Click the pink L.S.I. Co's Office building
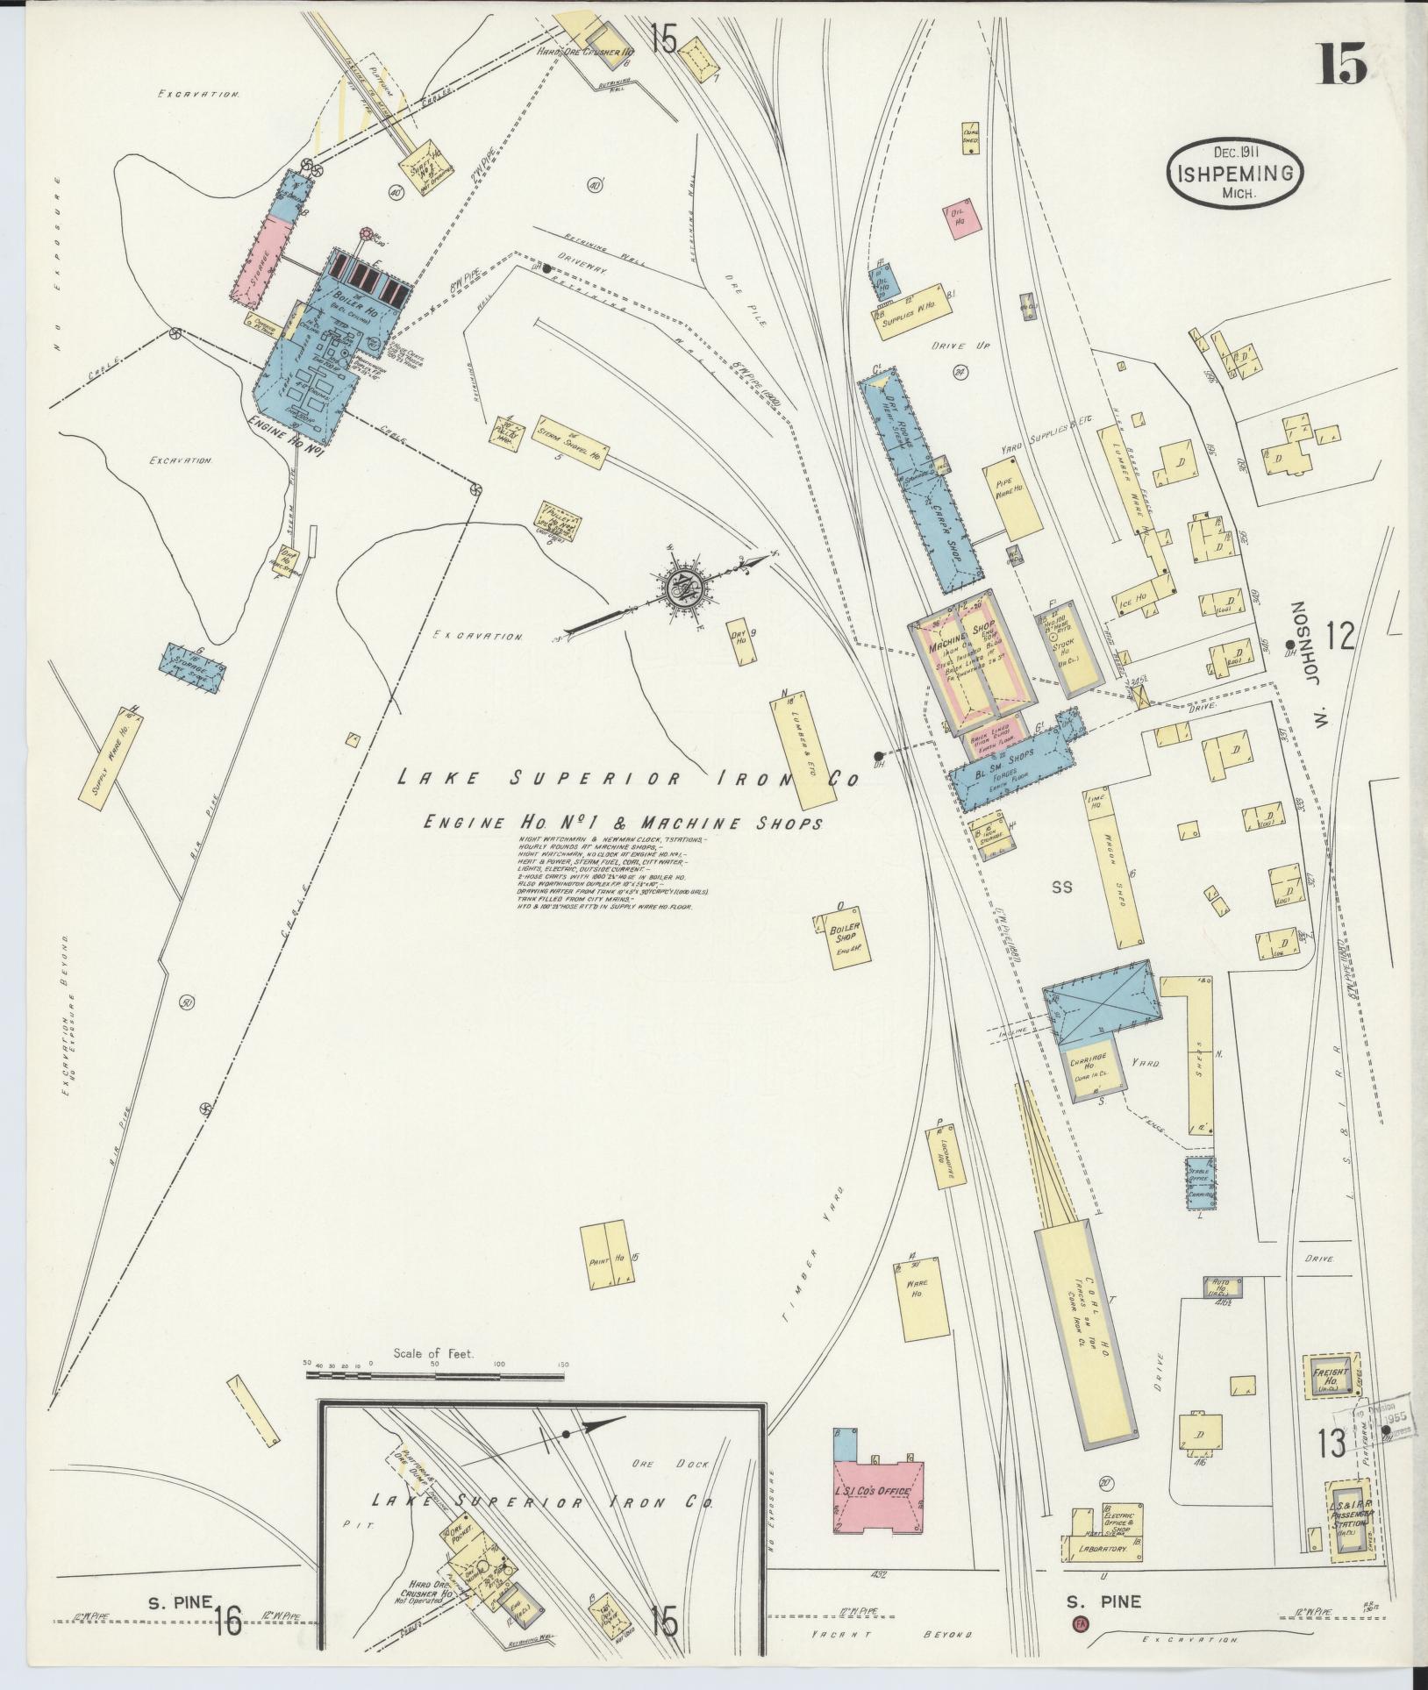877,1493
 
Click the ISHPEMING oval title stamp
1234,174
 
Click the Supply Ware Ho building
111,756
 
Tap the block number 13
1330,1444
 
